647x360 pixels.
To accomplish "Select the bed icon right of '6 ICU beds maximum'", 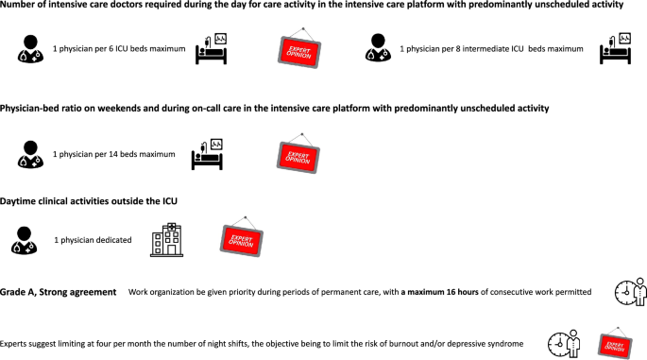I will [211, 49].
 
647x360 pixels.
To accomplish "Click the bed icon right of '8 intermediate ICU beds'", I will [615, 50].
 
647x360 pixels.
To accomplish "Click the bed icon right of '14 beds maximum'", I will [208, 153].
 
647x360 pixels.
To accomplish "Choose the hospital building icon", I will [166, 241].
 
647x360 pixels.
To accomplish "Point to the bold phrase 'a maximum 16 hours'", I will [440, 292].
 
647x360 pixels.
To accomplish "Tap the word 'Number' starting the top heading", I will [21, 6].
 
